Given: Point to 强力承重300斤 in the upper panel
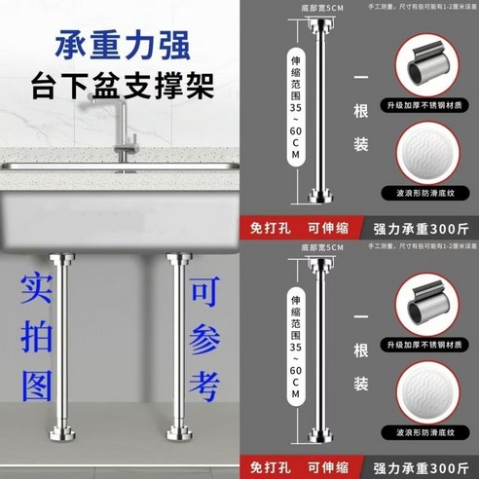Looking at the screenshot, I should [x=421, y=230].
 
